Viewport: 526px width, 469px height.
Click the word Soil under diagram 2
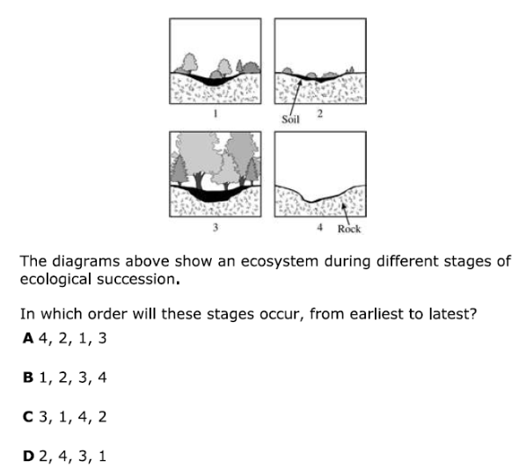coord(291,118)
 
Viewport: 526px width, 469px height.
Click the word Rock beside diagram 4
coord(349,229)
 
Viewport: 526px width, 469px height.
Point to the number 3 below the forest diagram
coord(216,228)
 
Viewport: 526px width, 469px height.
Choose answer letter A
coord(29,337)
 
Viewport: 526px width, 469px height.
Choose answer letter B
coord(29,377)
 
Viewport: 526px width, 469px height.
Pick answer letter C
coord(29,417)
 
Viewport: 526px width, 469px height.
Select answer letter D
coord(29,457)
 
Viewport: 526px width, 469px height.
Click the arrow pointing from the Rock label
coord(344,209)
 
